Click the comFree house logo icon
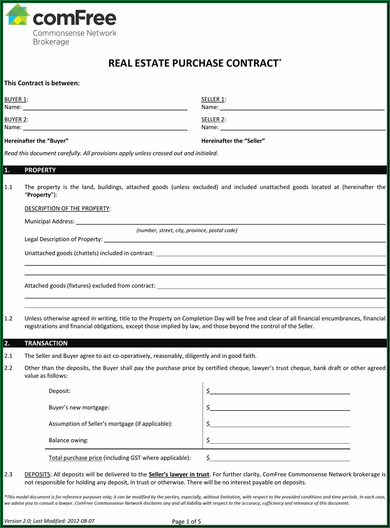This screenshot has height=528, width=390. click(x=17, y=16)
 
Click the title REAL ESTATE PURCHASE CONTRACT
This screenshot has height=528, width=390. click(x=194, y=63)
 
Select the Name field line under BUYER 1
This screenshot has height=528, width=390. click(x=105, y=108)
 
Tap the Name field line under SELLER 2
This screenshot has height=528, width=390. click(x=303, y=128)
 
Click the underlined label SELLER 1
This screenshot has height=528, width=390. click(x=213, y=99)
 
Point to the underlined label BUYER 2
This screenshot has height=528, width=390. click(x=15, y=119)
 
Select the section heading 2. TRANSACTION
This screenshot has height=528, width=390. click(x=45, y=343)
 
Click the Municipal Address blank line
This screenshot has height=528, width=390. click(x=231, y=223)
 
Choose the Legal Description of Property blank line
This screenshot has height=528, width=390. click(x=245, y=241)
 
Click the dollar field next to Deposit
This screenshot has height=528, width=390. click(x=280, y=392)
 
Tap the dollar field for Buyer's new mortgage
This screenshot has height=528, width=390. click(x=280, y=409)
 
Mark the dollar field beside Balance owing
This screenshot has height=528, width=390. click(x=280, y=442)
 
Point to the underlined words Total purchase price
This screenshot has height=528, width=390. click(x=75, y=458)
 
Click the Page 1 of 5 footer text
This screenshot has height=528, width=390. click(x=187, y=522)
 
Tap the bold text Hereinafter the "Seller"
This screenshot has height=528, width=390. click(x=233, y=141)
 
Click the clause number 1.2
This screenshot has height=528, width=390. click(x=8, y=318)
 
